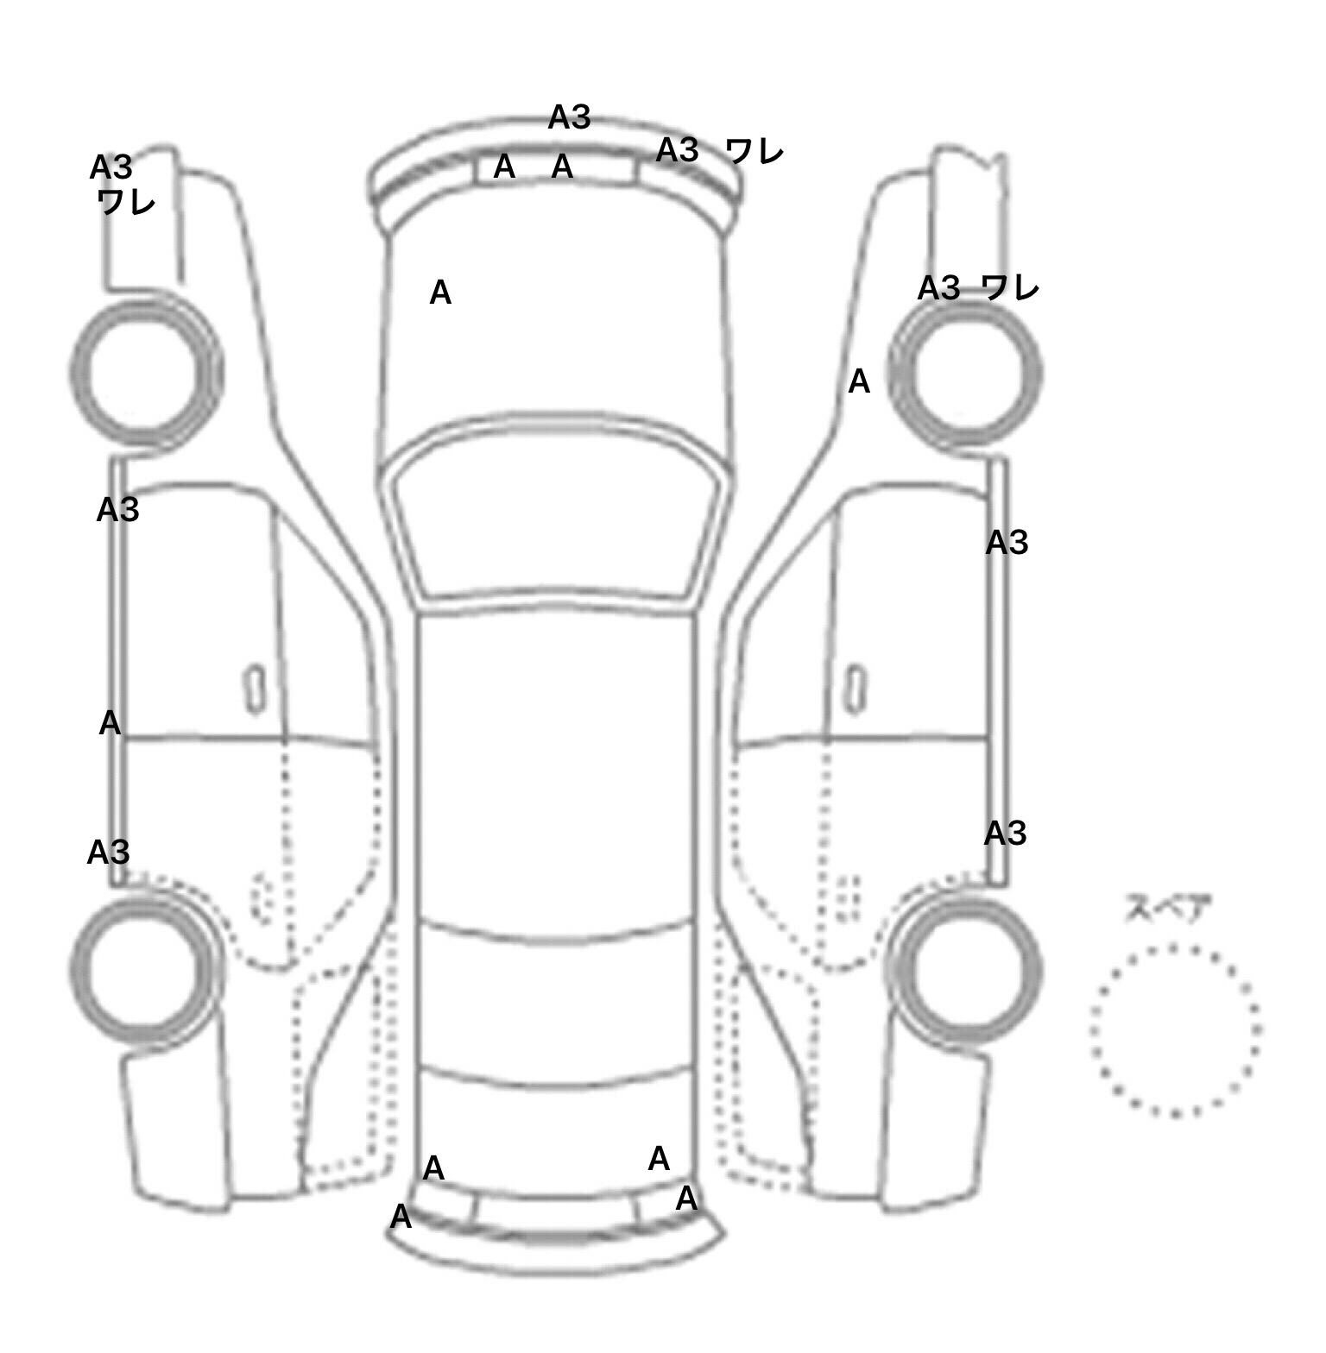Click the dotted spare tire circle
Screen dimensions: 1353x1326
tap(1175, 1030)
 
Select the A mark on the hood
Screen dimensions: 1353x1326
tap(440, 293)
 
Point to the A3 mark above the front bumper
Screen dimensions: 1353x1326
tap(569, 117)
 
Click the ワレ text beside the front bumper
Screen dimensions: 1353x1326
tap(755, 152)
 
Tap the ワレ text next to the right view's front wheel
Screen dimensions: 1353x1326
tap(1010, 287)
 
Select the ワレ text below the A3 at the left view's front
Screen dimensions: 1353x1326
tap(126, 203)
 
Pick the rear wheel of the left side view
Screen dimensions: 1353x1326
tap(144, 967)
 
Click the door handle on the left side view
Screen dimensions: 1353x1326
tap(255, 689)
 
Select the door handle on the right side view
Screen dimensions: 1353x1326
tap(856, 689)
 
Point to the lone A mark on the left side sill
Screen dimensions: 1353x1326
tap(110, 723)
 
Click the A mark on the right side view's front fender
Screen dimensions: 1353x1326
tap(859, 381)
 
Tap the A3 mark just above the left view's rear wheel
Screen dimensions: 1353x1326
tap(108, 853)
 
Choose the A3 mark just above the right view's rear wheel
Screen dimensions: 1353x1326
tap(1005, 834)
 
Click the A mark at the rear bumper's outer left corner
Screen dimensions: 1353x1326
tap(401, 1218)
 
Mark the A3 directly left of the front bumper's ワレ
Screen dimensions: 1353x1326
tap(677, 150)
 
